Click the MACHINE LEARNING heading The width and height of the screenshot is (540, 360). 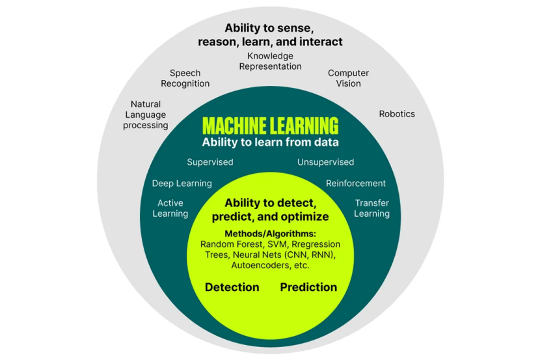tap(270, 125)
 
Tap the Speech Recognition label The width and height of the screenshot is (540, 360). tap(185, 78)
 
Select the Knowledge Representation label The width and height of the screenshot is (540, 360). tap(270, 61)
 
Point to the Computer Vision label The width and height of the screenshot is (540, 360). tap(348, 78)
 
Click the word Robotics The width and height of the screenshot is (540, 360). tap(397, 114)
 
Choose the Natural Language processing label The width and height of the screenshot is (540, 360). tap(146, 115)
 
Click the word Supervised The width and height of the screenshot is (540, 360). tap(210, 162)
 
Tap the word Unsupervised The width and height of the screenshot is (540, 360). tap(325, 162)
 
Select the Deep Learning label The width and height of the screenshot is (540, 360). tap(182, 184)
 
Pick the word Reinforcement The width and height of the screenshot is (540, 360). tap(356, 184)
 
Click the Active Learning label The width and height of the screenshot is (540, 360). tap(170, 208)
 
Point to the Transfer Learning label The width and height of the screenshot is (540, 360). tap(372, 208)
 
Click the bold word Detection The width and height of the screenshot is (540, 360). tap(232, 287)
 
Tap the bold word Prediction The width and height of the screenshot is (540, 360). tap(308, 287)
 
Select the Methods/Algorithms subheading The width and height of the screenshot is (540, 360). tap(270, 234)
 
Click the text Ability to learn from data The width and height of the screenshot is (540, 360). tap(270, 142)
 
